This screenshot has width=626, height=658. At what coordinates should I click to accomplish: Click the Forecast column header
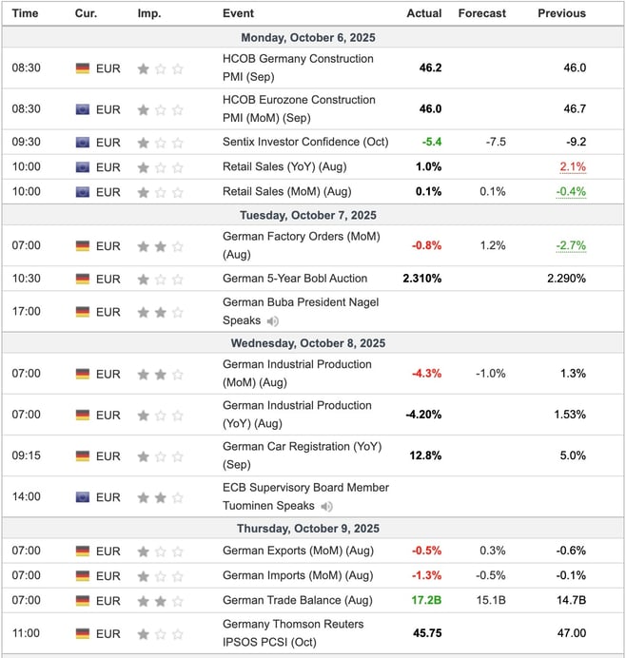tap(481, 13)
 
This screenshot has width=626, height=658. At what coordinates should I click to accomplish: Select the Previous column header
tap(561, 13)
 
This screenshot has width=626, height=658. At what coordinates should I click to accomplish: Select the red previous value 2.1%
tap(573, 167)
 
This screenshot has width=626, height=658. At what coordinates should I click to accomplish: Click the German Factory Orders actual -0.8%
tap(426, 245)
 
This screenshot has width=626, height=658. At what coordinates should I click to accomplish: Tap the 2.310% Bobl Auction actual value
tap(422, 279)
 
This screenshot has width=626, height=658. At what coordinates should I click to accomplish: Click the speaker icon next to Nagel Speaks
tap(273, 321)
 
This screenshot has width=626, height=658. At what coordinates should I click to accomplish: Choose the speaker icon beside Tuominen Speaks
tap(327, 507)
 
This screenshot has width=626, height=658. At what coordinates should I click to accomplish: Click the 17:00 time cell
tap(26, 312)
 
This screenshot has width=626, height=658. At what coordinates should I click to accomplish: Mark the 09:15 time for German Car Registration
tap(26, 455)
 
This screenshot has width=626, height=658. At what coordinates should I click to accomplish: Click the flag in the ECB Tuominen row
tap(83, 497)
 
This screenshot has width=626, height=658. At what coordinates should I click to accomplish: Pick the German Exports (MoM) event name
tap(278, 551)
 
